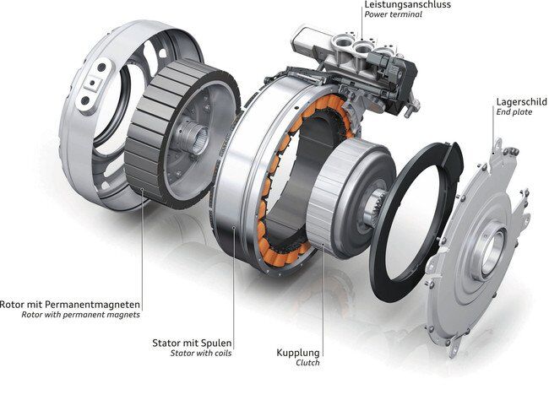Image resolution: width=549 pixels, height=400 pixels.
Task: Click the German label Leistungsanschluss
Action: (x=408, y=4)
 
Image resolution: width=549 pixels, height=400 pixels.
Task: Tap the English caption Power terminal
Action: (x=393, y=14)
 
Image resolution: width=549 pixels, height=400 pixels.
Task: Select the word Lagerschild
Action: (x=522, y=102)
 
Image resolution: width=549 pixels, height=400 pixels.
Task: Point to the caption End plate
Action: (x=514, y=112)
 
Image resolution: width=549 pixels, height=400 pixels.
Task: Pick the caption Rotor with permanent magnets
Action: (x=80, y=315)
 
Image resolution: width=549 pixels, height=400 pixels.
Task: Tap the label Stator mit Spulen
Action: (x=192, y=343)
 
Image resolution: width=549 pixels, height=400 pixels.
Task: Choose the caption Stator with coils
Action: (x=201, y=353)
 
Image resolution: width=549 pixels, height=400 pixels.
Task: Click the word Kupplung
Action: (x=298, y=353)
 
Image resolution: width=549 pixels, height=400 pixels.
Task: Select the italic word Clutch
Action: (x=307, y=363)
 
